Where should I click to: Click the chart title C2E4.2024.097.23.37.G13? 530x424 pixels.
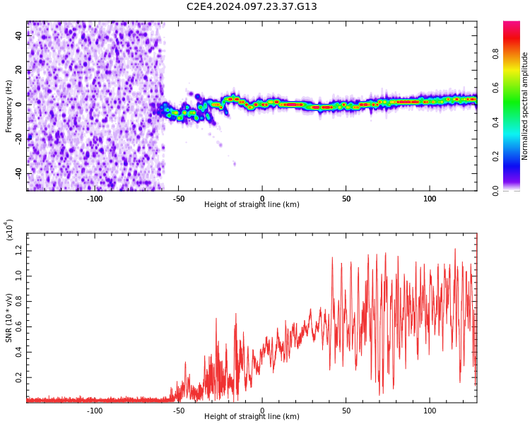pos(252,7)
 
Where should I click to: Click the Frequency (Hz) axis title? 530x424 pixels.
pos(9,106)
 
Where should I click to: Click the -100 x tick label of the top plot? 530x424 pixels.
pos(95,199)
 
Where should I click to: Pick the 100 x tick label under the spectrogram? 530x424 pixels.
pos(430,199)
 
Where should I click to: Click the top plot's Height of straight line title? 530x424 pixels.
pos(252,205)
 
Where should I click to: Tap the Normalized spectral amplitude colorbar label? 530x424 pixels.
pos(525,106)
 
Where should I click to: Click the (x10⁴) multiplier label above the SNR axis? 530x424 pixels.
pos(10,230)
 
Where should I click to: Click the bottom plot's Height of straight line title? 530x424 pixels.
pos(252,417)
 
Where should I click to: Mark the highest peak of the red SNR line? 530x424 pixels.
pos(455,249)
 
